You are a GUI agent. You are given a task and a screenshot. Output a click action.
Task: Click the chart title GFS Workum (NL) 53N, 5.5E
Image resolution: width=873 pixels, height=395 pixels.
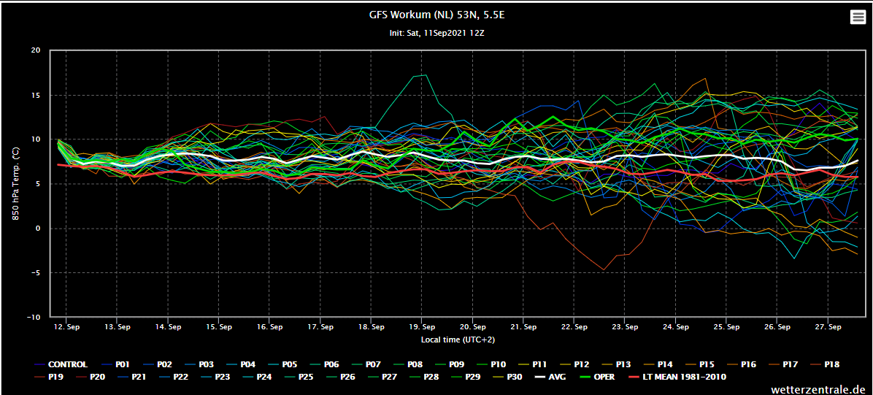(436, 15)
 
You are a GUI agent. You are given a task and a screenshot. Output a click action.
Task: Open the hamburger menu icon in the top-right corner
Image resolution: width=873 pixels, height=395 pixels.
(858, 18)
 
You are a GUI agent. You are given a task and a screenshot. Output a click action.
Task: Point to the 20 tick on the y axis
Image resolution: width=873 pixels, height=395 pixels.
(36, 50)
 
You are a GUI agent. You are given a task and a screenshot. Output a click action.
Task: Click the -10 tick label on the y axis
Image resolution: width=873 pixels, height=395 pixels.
(34, 317)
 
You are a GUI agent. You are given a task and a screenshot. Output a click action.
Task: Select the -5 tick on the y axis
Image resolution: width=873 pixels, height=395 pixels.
(36, 272)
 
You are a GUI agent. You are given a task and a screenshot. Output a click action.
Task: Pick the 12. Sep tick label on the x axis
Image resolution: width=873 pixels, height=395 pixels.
(66, 327)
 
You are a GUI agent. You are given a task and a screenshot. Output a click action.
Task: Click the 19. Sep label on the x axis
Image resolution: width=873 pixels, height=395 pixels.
(422, 327)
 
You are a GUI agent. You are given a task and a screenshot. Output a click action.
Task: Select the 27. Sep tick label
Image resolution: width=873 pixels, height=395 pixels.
(828, 327)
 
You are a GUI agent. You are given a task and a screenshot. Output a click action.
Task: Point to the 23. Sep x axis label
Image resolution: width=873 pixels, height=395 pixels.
(626, 327)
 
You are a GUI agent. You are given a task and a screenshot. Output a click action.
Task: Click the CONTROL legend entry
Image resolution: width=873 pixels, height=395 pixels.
(60, 364)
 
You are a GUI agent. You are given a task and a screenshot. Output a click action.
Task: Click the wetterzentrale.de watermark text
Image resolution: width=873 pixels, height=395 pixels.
(818, 389)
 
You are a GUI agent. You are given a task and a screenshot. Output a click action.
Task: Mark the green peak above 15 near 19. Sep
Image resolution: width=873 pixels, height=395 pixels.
(426, 74)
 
